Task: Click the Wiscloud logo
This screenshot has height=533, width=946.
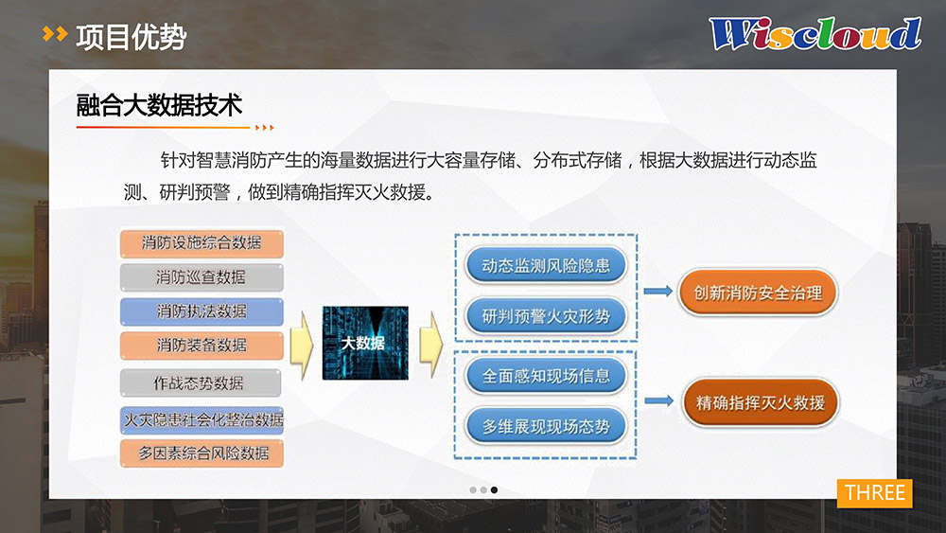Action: tap(815, 33)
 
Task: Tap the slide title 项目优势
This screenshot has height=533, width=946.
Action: tap(131, 37)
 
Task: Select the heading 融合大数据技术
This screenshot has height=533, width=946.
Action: tap(159, 105)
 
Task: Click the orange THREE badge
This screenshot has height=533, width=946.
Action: tap(874, 492)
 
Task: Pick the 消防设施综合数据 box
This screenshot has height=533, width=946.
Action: tap(201, 242)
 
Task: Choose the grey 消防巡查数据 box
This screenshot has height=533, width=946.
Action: tap(201, 277)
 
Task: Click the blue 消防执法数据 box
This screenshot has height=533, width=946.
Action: tap(201, 311)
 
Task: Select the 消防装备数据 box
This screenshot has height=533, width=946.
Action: tap(201, 346)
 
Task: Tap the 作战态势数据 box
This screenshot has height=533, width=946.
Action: tap(201, 382)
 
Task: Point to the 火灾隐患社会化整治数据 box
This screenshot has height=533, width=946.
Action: tap(202, 419)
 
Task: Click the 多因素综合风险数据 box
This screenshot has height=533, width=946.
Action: tap(201, 453)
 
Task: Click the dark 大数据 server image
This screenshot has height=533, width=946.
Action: tap(365, 343)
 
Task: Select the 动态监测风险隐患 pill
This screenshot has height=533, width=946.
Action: tap(546, 266)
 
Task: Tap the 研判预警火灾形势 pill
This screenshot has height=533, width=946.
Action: tap(546, 315)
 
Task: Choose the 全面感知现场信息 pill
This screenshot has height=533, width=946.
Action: tap(546, 376)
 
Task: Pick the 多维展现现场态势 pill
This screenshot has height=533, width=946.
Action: tap(546, 427)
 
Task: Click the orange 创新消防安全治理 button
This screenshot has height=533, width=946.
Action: tap(758, 293)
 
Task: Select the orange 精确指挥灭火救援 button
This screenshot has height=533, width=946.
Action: tap(761, 402)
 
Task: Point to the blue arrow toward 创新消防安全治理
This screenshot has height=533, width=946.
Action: tap(658, 291)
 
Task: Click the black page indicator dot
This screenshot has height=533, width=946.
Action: tap(494, 490)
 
